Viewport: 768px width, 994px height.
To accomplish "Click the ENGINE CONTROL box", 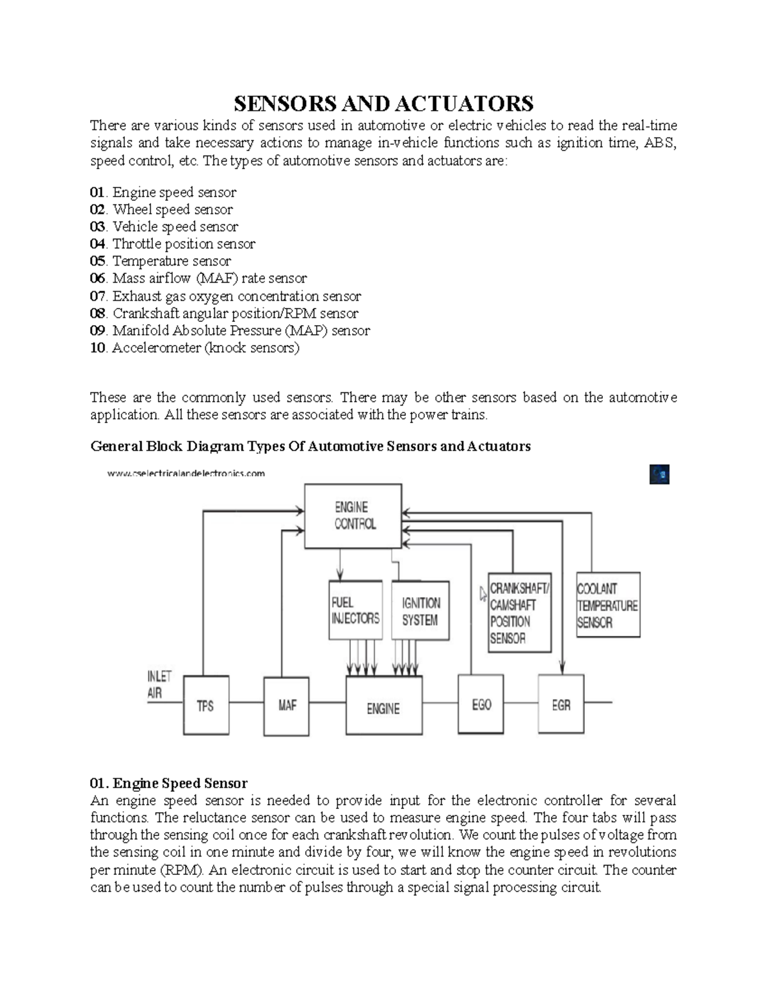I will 353,516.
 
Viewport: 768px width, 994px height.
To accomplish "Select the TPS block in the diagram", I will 206,705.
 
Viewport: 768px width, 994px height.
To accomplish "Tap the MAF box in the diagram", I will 287,705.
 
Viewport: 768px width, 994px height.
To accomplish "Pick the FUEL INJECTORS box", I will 355,611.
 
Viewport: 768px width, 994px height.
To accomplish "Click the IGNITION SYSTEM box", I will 420,611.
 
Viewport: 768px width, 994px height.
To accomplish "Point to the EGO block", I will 481,704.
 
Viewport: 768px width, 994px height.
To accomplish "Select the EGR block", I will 561,705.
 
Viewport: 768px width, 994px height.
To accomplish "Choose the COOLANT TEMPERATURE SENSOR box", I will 607,605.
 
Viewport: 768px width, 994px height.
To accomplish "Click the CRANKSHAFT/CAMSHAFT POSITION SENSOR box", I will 519,613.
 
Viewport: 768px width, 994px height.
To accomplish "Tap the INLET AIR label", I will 159,685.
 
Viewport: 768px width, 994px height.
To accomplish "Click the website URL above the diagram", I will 186,474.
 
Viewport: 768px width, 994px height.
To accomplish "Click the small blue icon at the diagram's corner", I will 659,474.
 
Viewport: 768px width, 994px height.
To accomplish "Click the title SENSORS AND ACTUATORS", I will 383,104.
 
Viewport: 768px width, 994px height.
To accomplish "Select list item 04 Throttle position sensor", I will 173,244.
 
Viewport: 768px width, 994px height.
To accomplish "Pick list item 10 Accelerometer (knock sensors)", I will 195,348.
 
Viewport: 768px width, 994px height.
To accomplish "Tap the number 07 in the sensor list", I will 97,296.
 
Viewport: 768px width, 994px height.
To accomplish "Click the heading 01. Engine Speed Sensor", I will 168,783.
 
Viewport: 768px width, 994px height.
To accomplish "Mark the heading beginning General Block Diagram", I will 310,446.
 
